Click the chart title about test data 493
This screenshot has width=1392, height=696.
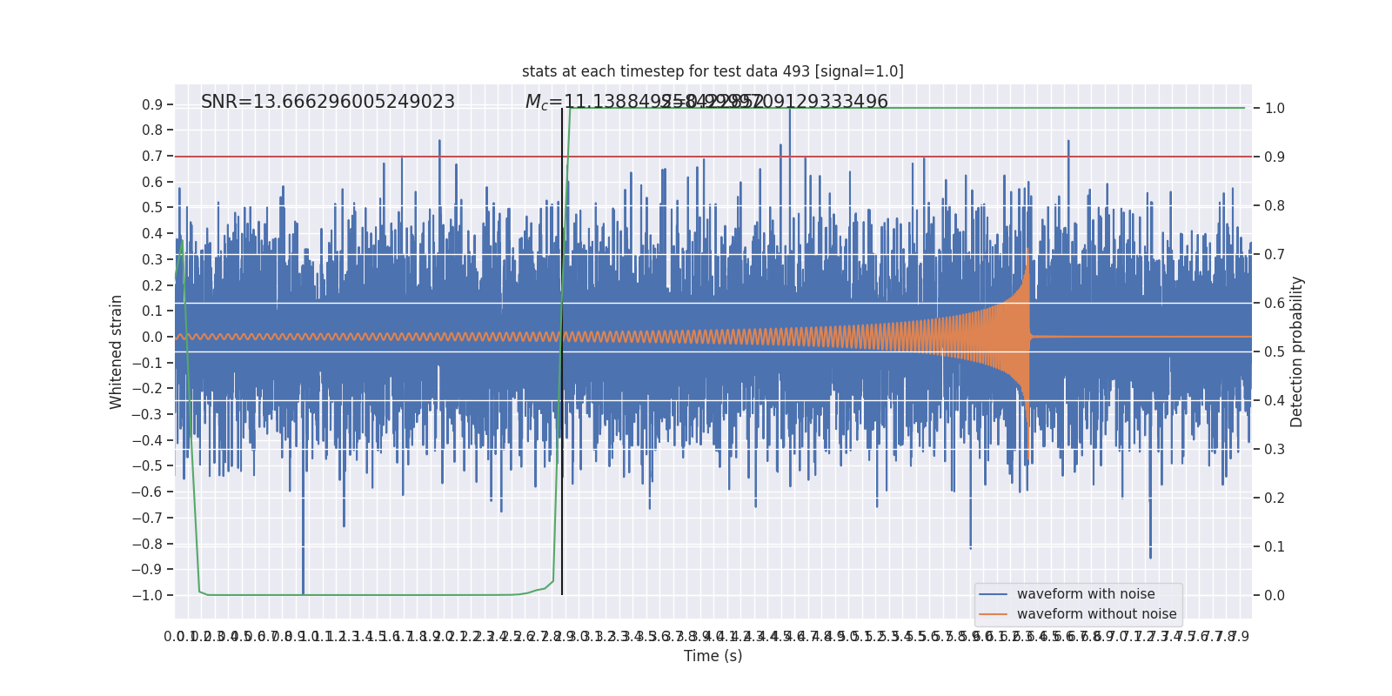click(x=713, y=71)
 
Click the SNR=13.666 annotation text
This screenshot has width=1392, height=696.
click(x=328, y=102)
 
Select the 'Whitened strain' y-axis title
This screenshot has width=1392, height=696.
click(x=117, y=351)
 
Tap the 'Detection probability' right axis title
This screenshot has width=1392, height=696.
click(x=1297, y=351)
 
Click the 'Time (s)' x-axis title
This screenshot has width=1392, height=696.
click(x=713, y=656)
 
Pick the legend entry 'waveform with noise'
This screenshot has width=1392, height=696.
click(x=1086, y=594)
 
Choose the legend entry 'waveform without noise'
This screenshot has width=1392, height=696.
click(x=1096, y=614)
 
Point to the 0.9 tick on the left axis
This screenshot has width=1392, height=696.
click(x=152, y=105)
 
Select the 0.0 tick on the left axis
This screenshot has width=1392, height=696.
click(x=152, y=338)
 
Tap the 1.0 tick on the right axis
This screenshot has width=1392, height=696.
click(x=1275, y=109)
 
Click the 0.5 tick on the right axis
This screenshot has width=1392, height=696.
click(x=1275, y=352)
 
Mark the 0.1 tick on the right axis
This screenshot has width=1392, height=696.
click(x=1275, y=547)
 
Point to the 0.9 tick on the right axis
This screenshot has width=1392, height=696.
click(x=1275, y=157)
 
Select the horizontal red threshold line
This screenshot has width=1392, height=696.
click(x=783, y=157)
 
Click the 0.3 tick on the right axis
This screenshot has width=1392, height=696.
click(x=1275, y=450)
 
